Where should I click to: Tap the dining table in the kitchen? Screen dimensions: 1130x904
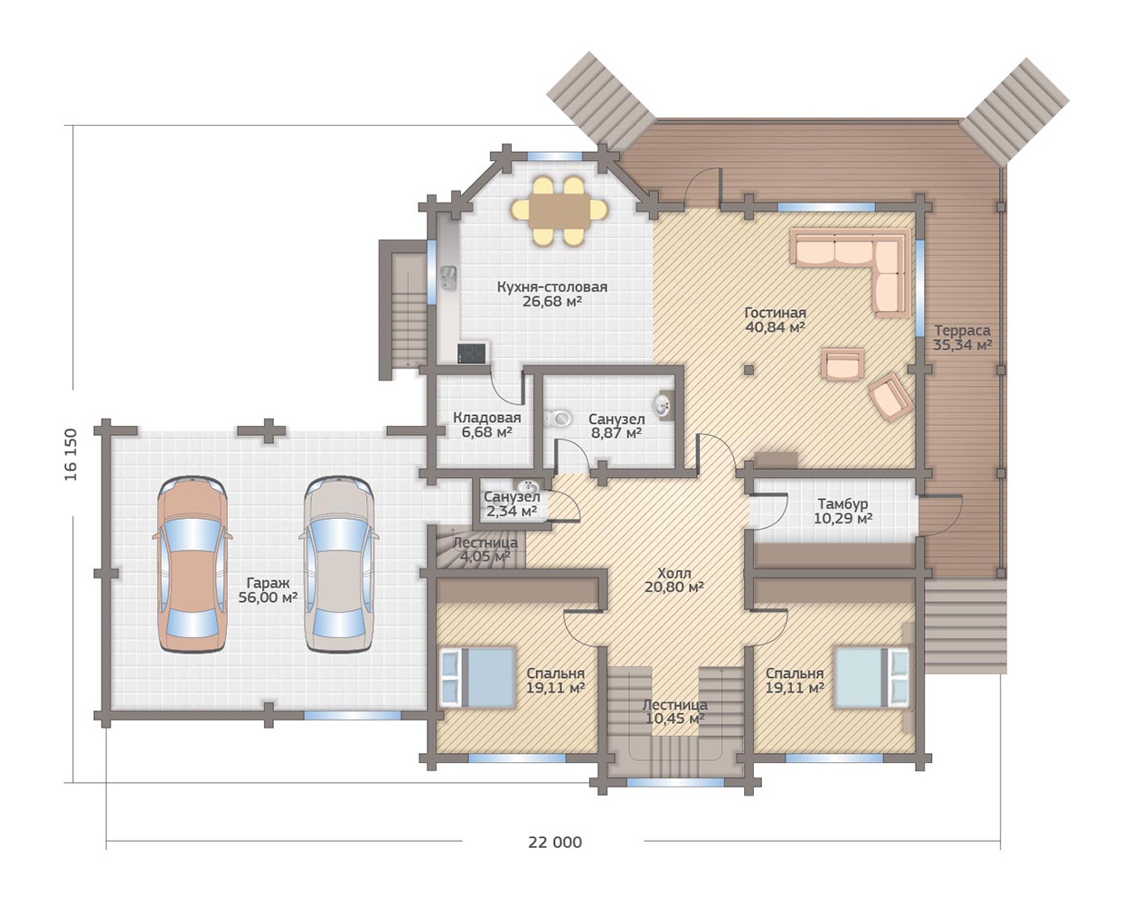tap(560, 212)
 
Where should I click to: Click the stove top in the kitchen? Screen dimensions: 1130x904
tap(473, 353)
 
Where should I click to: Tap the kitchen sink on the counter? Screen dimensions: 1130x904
tap(448, 278)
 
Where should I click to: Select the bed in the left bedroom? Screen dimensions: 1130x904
tap(477, 677)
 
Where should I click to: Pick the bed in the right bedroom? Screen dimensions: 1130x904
tap(871, 677)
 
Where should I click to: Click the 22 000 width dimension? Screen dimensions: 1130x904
tap(554, 843)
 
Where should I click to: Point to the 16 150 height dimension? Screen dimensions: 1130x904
tap(71, 455)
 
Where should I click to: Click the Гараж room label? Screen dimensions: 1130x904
tap(268, 583)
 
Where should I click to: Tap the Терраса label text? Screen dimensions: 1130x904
tap(963, 330)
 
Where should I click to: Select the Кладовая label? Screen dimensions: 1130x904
tap(486, 418)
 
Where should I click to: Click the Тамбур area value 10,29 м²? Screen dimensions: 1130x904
tap(843, 519)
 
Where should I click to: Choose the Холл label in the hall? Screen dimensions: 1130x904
tap(673, 572)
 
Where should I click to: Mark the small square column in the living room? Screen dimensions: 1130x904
tap(749, 369)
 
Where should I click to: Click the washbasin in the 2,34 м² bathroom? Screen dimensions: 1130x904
tap(527, 485)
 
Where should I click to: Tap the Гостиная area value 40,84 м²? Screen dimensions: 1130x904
tap(775, 326)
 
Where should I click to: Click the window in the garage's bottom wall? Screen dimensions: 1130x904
tap(353, 715)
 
